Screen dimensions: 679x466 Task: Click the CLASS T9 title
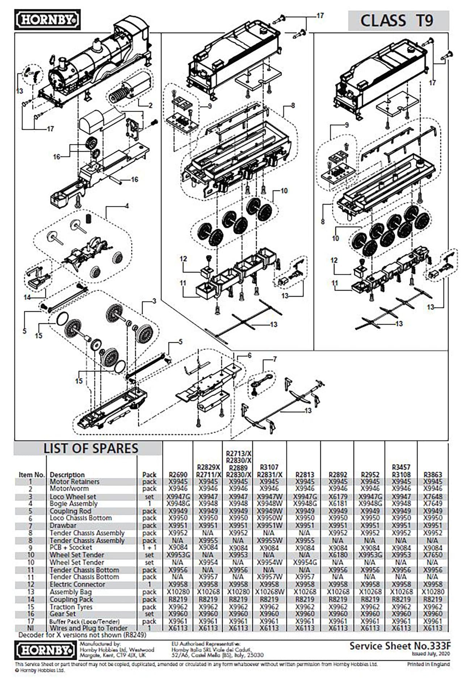(x=397, y=20)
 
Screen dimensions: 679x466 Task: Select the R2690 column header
(x=178, y=475)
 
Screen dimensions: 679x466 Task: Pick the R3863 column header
(x=433, y=475)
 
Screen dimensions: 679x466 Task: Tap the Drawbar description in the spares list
(x=63, y=526)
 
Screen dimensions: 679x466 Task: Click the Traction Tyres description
(x=71, y=607)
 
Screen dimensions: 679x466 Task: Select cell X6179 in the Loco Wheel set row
(x=338, y=497)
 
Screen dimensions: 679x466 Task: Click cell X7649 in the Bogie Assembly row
(x=433, y=504)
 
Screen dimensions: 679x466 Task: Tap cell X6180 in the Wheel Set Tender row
(x=338, y=555)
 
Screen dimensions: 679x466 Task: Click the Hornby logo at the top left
(x=47, y=20)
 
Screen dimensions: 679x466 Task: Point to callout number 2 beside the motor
(x=150, y=106)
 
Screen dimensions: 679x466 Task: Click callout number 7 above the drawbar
(x=275, y=359)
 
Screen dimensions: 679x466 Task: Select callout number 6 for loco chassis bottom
(x=249, y=355)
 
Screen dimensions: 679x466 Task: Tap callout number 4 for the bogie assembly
(x=127, y=206)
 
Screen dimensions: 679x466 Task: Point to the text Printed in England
(x=428, y=665)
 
